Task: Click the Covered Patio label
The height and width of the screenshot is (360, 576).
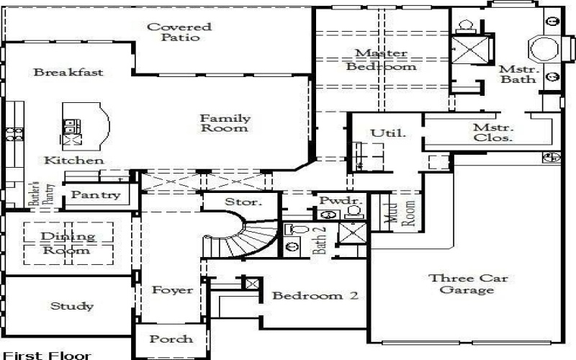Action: pos(179,32)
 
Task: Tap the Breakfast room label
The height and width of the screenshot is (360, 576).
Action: pos(68,73)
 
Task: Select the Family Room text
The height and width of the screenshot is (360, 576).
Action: pos(225,123)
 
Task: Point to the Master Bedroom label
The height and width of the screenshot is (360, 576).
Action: pos(382,60)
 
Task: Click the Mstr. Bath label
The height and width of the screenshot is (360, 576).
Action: pos(518,74)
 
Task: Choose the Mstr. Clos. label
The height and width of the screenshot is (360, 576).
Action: pos(492,132)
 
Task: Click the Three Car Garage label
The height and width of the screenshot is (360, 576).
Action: pos(462,284)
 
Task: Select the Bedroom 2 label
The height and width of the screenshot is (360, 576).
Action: pos(315,296)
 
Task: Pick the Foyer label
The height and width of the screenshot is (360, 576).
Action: pos(173,290)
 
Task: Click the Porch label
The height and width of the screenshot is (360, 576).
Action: pos(172,338)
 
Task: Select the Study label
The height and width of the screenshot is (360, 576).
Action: pos(71,307)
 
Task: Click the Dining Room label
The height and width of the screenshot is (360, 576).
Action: pos(66,243)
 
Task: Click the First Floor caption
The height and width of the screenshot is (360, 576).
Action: pos(47,355)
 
